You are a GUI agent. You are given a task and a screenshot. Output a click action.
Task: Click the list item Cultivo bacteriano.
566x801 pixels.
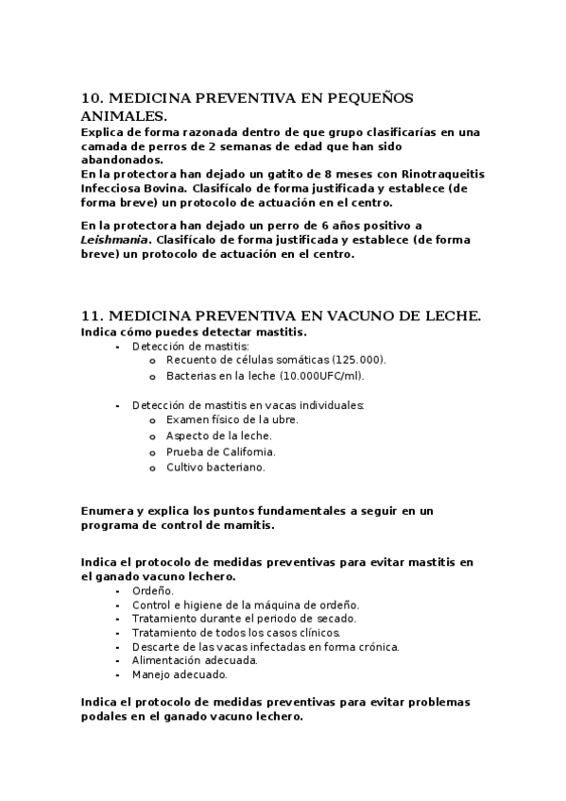click(215, 467)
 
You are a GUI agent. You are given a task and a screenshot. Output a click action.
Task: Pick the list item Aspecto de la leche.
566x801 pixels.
click(218, 435)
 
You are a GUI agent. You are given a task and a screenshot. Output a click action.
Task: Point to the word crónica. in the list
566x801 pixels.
click(374, 646)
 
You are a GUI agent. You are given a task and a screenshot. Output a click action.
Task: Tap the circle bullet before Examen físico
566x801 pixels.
click(152, 419)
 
